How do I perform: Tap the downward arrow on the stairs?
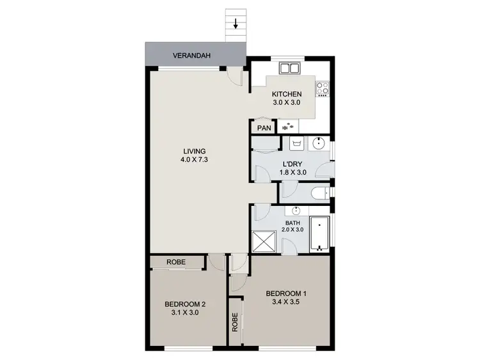click(236, 25)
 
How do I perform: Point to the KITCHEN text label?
click(285, 93)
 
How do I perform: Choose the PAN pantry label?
click(264, 128)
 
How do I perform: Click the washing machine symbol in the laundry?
click(296, 143)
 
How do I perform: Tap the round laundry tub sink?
click(320, 143)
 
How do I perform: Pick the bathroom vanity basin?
click(297, 211)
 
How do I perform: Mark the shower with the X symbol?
click(264, 241)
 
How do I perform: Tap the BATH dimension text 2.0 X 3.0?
click(296, 230)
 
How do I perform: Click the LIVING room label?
click(193, 152)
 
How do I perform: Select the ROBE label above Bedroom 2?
click(176, 262)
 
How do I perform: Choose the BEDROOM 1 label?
click(287, 293)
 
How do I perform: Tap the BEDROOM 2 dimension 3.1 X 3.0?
click(185, 313)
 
